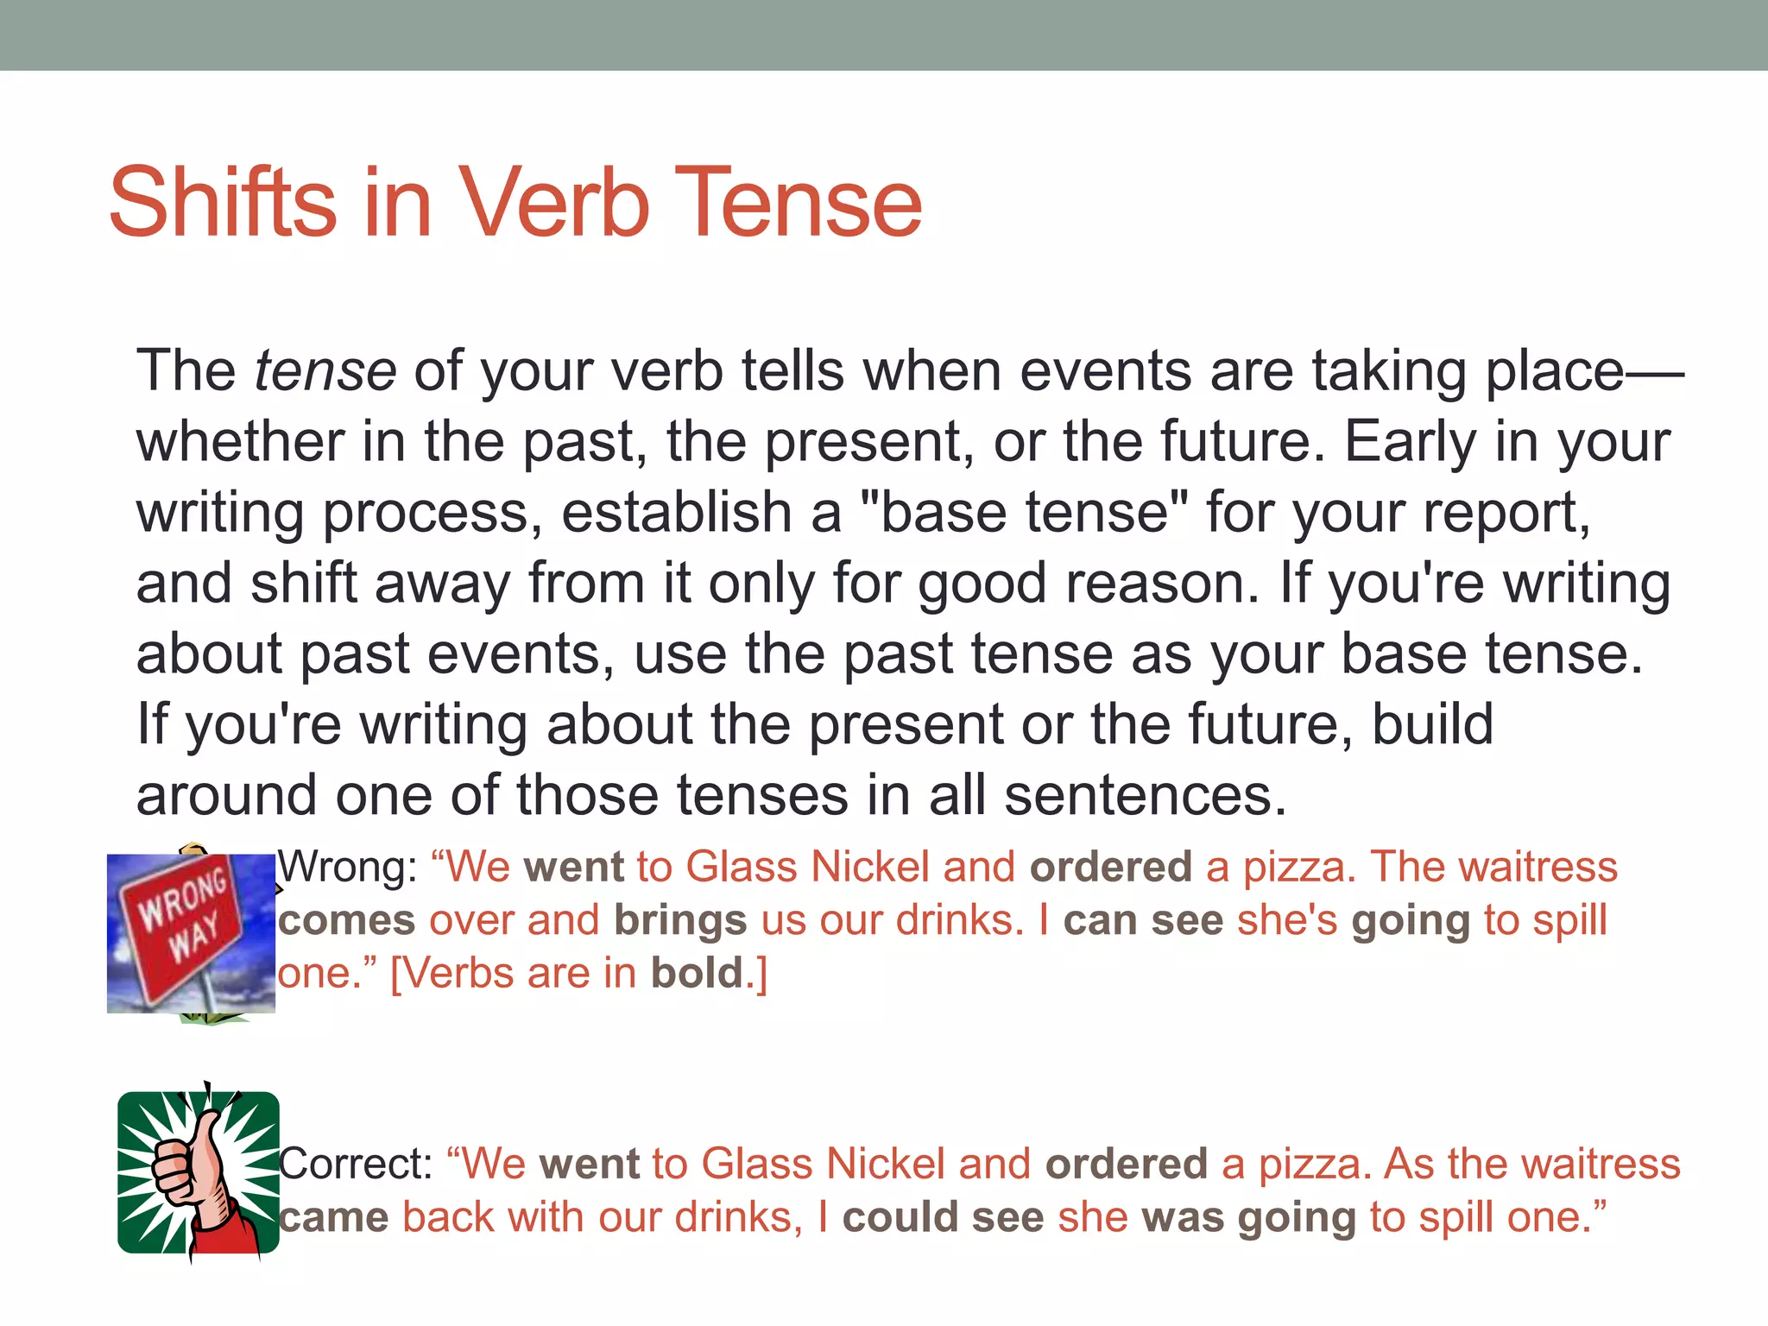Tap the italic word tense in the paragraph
pyautogui.click(x=325, y=371)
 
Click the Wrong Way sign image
pyautogui.click(x=191, y=932)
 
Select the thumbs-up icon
pyautogui.click(x=198, y=1172)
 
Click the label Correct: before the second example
pyautogui.click(x=355, y=1164)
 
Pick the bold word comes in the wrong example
pyautogui.click(x=346, y=921)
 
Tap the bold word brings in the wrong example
pyautogui.click(x=680, y=921)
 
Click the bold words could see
pyautogui.click(x=943, y=1218)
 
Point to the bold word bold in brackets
pyautogui.click(x=697, y=974)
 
